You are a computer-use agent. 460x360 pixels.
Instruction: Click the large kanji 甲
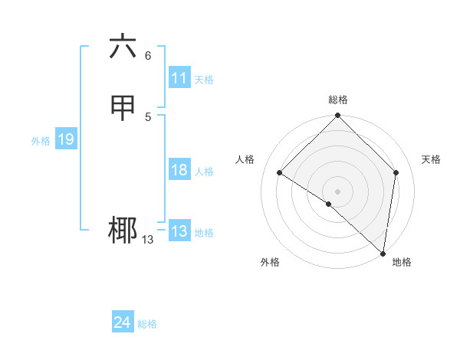123,108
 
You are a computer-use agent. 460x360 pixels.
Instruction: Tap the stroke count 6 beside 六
148,55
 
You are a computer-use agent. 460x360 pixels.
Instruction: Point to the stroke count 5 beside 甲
148,116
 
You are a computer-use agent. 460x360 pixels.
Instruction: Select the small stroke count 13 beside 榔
147,240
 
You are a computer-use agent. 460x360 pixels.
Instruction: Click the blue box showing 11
179,78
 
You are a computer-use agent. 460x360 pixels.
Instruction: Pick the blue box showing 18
179,170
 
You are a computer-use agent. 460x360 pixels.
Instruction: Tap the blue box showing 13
179,231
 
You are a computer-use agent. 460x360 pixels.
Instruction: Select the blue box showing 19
66,139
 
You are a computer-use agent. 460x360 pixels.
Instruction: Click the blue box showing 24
123,323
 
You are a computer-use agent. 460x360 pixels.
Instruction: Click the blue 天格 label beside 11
204,80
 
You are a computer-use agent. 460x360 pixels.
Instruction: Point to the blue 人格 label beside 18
204,172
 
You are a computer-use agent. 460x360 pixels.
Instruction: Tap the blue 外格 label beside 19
41,141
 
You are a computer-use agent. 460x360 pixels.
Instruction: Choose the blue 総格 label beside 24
147,325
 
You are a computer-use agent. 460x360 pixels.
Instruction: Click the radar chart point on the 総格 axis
337,116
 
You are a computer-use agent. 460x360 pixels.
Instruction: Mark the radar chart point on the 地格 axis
383,253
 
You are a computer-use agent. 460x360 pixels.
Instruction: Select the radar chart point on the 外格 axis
328,204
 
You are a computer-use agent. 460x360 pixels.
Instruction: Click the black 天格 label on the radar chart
431,159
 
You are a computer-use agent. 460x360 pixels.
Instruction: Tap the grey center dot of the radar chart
337,191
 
